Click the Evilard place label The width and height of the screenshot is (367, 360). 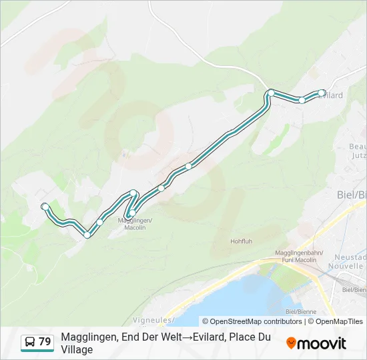[331, 95]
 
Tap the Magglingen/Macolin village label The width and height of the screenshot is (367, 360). [135, 224]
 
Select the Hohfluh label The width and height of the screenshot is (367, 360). [241, 241]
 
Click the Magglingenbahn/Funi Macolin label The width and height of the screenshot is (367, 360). [298, 257]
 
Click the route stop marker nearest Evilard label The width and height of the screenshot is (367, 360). [322, 93]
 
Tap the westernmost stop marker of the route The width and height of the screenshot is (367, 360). [45, 207]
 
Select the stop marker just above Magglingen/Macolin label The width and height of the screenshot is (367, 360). [132, 213]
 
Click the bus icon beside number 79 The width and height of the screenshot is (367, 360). [30, 342]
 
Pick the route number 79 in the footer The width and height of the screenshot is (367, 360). [45, 342]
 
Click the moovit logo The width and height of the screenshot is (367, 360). [316, 343]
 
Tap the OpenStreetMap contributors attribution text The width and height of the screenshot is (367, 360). [252, 321]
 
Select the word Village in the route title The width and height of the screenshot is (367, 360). [77, 349]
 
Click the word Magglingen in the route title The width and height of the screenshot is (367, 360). [89, 337]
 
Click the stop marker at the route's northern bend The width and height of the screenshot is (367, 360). [271, 93]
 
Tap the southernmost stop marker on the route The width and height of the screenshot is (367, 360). [87, 235]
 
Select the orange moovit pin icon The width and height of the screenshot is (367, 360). [291, 343]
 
